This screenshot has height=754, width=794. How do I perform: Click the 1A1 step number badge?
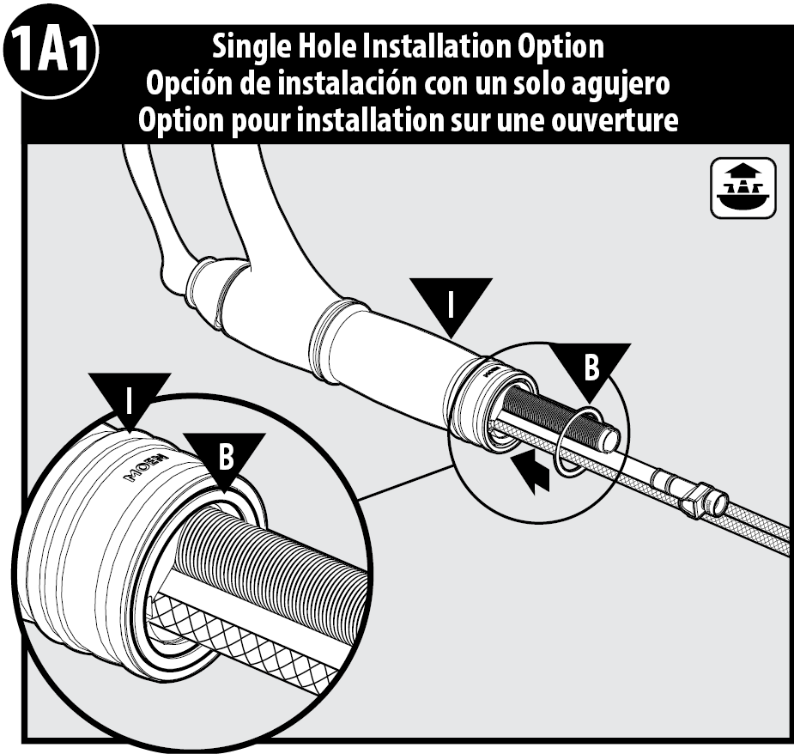click(50, 52)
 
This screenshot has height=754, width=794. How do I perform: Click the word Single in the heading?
click(252, 47)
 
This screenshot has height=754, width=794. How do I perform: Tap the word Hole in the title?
click(328, 46)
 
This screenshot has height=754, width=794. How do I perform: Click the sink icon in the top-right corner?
click(743, 188)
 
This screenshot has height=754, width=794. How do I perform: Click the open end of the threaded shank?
click(608, 438)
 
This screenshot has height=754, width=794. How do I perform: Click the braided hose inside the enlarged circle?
click(244, 637)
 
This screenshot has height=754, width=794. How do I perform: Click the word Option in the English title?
click(561, 47)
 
